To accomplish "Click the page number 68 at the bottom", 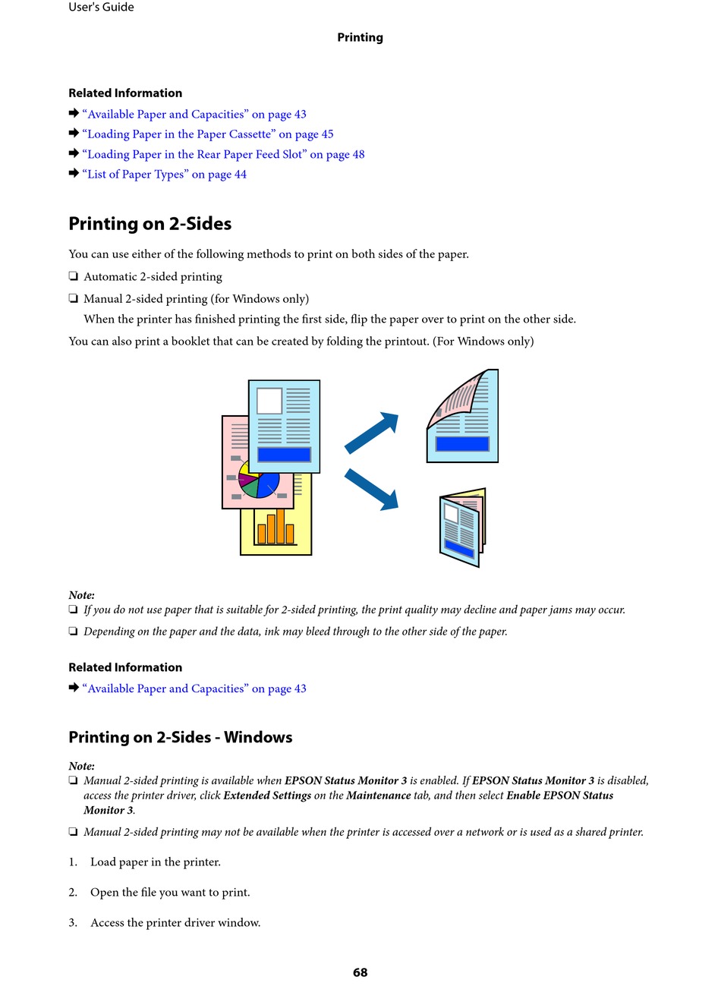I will (360, 972).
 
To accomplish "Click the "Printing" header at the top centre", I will (360, 37).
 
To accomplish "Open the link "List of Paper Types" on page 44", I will (164, 175).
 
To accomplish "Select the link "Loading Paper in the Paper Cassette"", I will (207, 134).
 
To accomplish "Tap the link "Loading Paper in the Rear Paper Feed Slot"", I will (223, 154).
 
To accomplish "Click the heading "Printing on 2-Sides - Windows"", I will (180, 737).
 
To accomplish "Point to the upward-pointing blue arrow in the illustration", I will (373, 433).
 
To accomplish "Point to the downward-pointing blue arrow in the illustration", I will (373, 489).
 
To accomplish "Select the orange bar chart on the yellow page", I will (275, 528).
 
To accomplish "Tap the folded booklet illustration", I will (461, 528).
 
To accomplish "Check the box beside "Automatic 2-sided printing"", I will (74, 277).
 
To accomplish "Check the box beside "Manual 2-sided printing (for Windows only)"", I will (74, 299).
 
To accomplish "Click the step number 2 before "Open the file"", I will (73, 893).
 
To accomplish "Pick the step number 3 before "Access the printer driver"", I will (73, 923).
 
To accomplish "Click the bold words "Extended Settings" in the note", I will (267, 796).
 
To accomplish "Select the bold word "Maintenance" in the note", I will (378, 796).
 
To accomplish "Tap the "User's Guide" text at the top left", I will (101, 8).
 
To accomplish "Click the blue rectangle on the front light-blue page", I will (284, 454).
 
